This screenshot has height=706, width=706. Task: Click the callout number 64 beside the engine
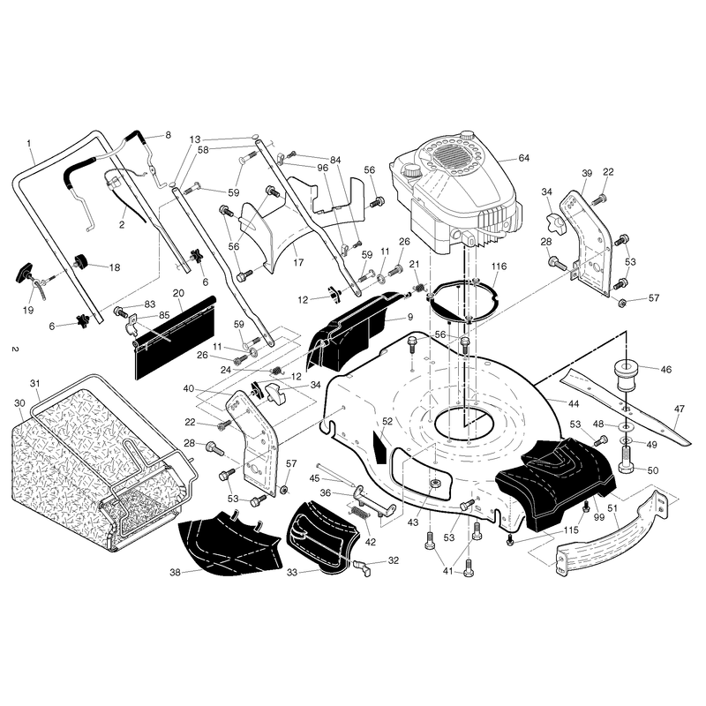click(x=523, y=158)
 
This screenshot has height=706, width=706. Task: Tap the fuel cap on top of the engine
click(x=467, y=135)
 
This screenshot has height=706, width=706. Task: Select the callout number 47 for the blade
click(x=680, y=409)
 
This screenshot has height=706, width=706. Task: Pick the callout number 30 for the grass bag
click(x=19, y=403)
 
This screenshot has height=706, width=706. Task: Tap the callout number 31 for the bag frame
click(x=35, y=384)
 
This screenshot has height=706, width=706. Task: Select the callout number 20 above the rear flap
click(x=178, y=293)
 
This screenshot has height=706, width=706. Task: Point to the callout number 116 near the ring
click(x=499, y=267)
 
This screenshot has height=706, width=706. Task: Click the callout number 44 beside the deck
click(x=573, y=404)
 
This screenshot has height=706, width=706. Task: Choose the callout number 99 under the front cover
click(x=599, y=517)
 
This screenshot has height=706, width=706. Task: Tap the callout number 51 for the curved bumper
click(x=612, y=508)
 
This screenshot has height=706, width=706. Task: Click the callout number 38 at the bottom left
click(x=175, y=572)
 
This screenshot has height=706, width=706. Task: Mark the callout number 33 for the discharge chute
click(x=292, y=573)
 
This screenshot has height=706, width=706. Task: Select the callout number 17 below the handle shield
click(x=298, y=262)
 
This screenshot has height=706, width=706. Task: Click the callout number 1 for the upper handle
click(x=29, y=143)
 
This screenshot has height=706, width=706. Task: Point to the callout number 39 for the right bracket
click(x=587, y=173)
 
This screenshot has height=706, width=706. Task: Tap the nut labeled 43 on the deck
click(x=434, y=484)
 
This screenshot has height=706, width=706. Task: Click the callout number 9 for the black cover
click(x=410, y=317)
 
